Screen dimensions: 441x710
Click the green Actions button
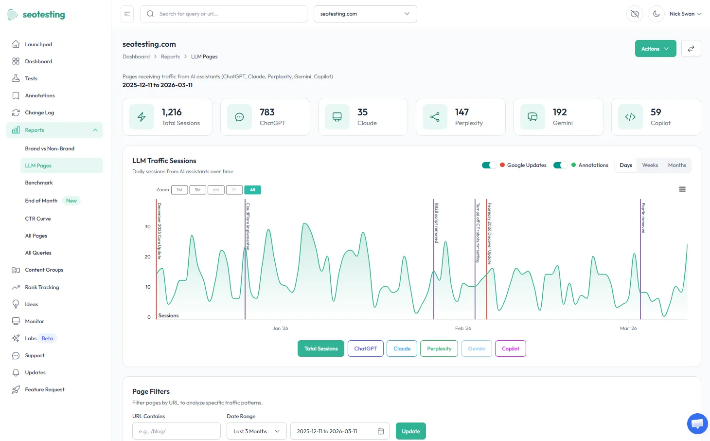tap(655, 49)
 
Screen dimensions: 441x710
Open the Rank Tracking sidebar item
tap(42, 287)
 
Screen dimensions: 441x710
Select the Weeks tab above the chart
tap(650, 165)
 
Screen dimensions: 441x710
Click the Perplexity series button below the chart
tap(439, 349)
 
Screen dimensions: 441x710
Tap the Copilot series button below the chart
tap(510, 349)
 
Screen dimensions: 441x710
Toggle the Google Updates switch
tap(489, 165)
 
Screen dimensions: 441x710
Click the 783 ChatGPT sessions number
tap(267, 112)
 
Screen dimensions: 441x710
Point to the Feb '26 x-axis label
tap(463, 329)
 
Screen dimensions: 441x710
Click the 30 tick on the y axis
tap(147, 227)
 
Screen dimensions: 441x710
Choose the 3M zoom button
tap(197, 190)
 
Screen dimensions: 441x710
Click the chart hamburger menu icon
tap(682, 189)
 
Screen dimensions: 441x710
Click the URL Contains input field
tap(176, 431)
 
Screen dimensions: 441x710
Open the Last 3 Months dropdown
tap(256, 431)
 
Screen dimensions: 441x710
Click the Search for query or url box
tap(224, 14)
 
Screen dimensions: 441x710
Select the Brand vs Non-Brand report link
tap(50, 148)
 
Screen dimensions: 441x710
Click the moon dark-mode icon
tap(656, 14)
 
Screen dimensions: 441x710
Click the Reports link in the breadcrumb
tap(170, 57)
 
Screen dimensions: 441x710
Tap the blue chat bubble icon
tap(697, 423)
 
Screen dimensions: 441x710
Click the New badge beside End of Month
tap(71, 201)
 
